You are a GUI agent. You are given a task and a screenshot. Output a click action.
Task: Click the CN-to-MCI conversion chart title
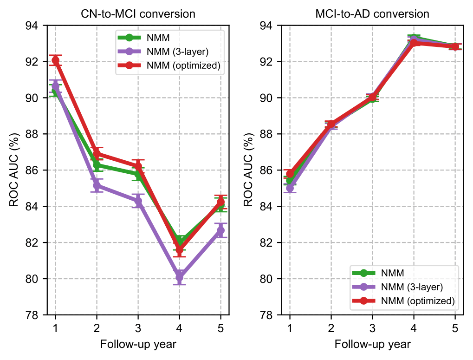pyautogui.click(x=138, y=14)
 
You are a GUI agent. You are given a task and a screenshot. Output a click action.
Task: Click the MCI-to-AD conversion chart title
pyautogui.click(x=372, y=14)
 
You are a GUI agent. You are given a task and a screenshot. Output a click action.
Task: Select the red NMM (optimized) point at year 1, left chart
pyautogui.click(x=55, y=60)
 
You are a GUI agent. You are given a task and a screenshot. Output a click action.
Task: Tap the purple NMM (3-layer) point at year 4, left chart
pyautogui.click(x=179, y=277)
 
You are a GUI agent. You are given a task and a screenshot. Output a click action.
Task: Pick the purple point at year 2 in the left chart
pyautogui.click(x=97, y=185)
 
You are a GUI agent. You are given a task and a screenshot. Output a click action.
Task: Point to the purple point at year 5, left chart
pyautogui.click(x=220, y=230)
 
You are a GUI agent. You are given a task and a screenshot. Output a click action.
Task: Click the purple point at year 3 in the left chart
pyautogui.click(x=138, y=201)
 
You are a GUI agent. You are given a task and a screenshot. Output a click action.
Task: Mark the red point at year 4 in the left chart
pyautogui.click(x=179, y=250)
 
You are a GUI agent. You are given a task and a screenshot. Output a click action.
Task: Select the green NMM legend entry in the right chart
pyautogui.click(x=390, y=273)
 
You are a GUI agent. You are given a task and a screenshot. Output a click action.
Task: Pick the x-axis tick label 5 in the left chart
pyautogui.click(x=220, y=328)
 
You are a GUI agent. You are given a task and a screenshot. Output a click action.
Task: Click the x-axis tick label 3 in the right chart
pyautogui.click(x=372, y=328)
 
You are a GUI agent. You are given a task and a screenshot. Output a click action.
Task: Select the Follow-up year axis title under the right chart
pyautogui.click(x=372, y=345)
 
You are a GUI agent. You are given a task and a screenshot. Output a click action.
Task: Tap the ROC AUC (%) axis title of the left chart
pyautogui.click(x=15, y=170)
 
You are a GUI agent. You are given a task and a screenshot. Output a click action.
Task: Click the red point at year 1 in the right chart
pyautogui.click(x=290, y=173)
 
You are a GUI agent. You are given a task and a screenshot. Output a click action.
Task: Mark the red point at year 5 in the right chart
pyautogui.click(x=455, y=46)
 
